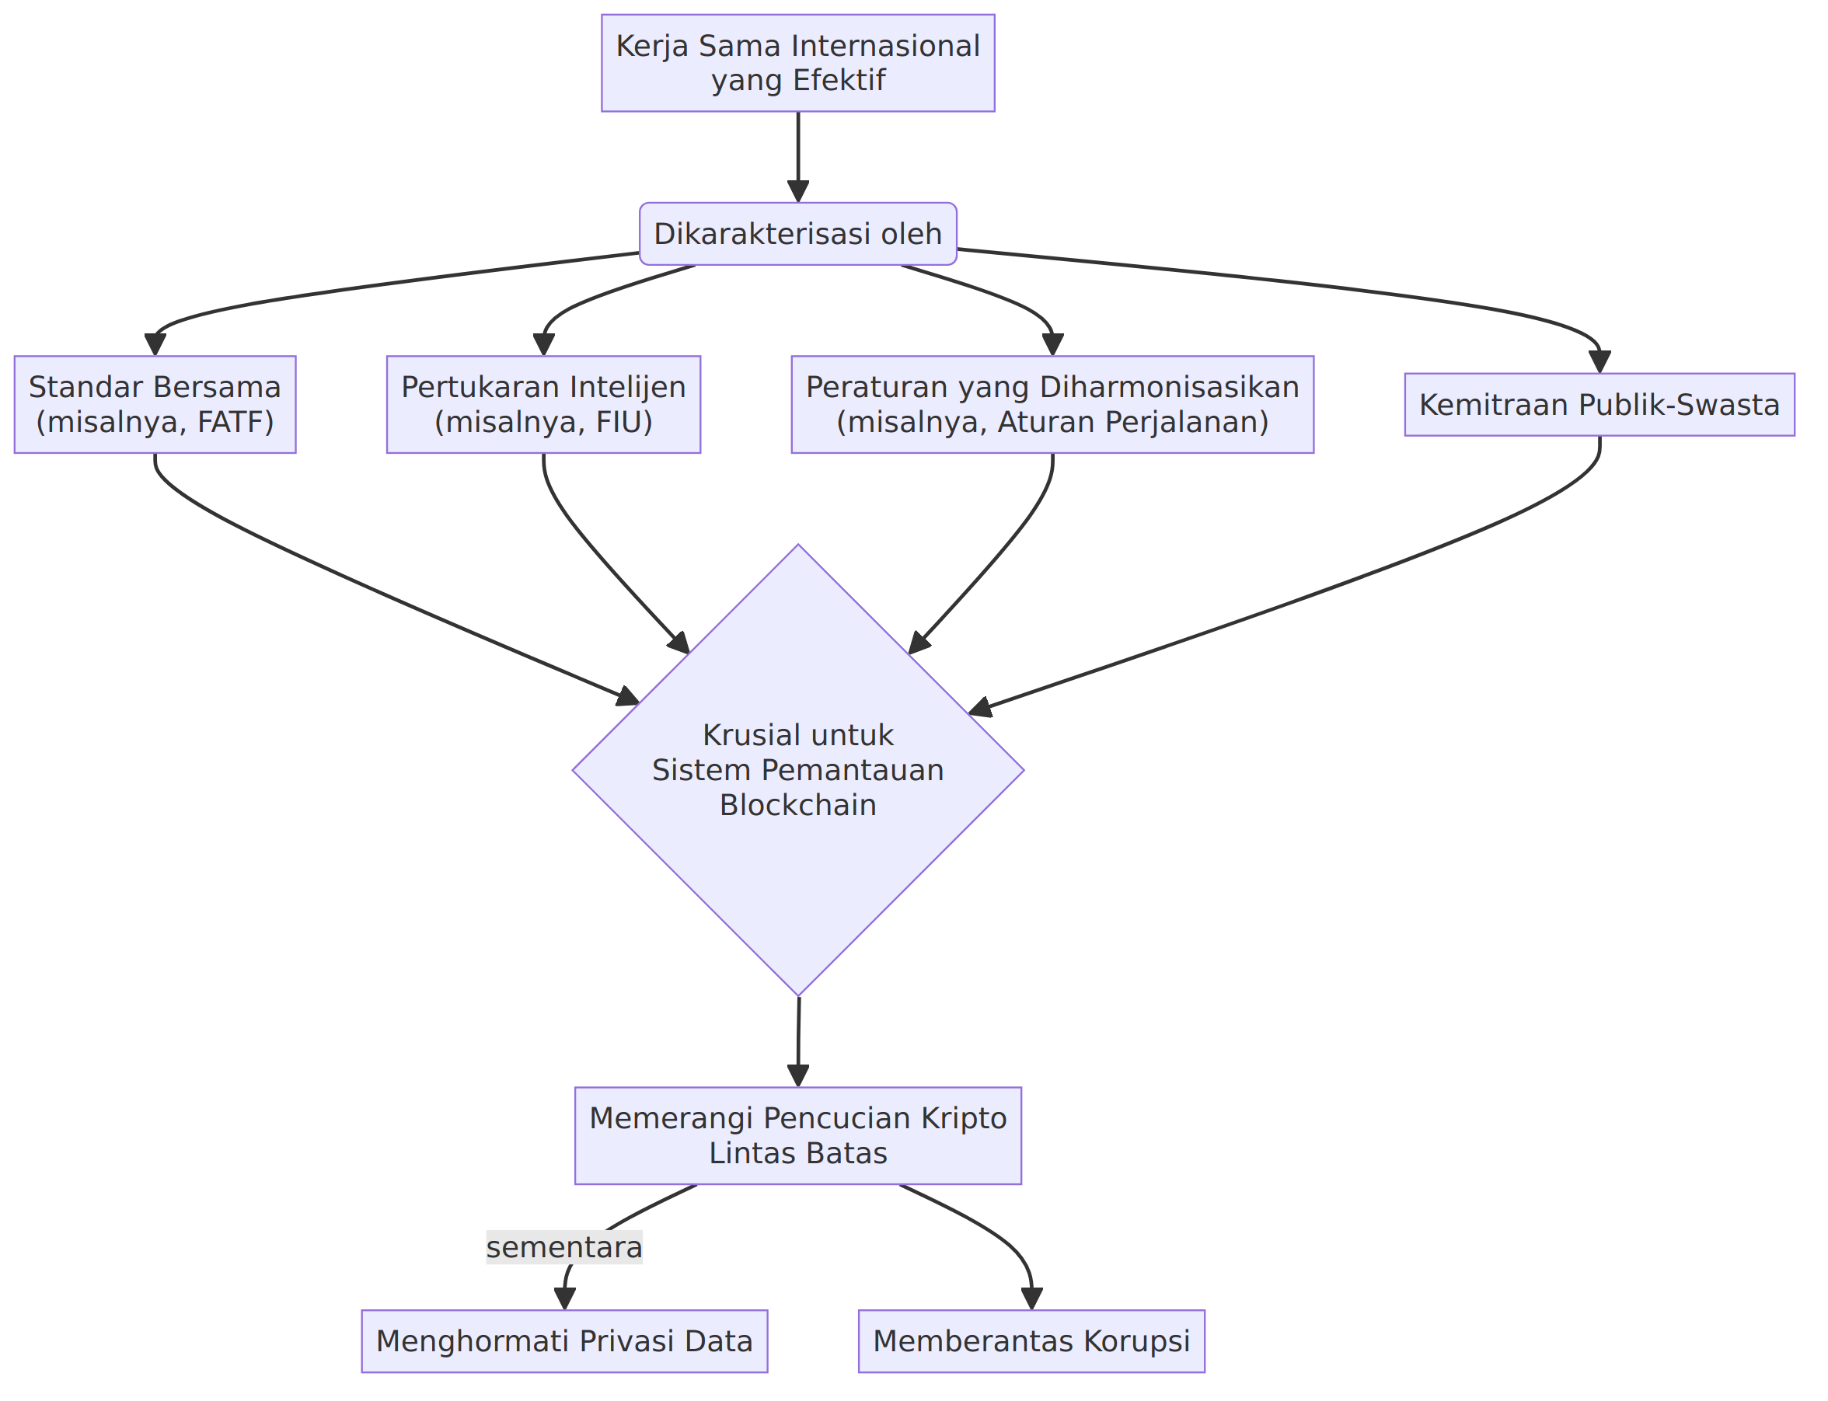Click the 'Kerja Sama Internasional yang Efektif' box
point(798,62)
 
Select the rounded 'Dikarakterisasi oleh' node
point(798,233)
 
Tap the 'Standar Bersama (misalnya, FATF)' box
point(155,405)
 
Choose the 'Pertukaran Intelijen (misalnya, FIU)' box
point(544,405)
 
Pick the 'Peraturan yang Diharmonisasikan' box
point(1052,405)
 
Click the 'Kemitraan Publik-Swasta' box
point(1599,405)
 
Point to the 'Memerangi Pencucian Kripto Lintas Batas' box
point(798,1136)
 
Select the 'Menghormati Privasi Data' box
point(564,1341)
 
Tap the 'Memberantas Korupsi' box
point(1031,1341)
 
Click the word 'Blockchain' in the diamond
point(798,806)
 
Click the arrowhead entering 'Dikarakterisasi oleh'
point(798,191)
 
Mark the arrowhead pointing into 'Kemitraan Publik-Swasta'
point(1599,362)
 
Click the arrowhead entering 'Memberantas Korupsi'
point(1031,1298)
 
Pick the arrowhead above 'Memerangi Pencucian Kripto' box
point(798,1075)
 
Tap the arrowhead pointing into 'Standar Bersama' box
point(155,345)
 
